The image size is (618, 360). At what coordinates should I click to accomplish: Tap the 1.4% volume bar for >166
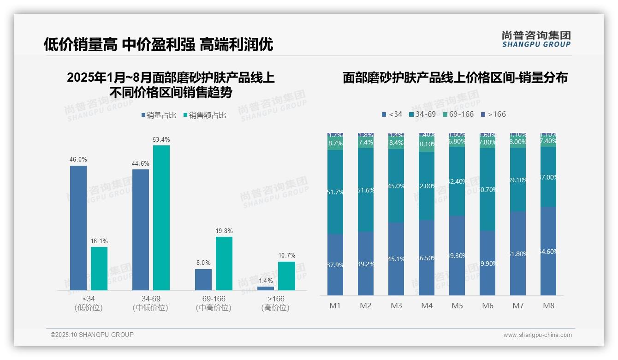pyautogui.click(x=266, y=288)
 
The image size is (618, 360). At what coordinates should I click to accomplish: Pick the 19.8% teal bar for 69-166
pyautogui.click(x=224, y=264)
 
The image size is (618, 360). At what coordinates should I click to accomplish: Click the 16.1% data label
pyautogui.click(x=99, y=241)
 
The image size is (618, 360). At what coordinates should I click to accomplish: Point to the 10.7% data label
pyautogui.click(x=286, y=256)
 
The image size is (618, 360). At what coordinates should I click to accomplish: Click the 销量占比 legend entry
pyautogui.click(x=159, y=115)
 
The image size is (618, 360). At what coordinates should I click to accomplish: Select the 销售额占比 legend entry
pyautogui.click(x=205, y=115)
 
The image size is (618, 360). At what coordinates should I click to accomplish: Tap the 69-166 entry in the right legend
pyautogui.click(x=458, y=114)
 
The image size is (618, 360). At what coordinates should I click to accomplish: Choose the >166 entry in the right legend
pyautogui.click(x=493, y=114)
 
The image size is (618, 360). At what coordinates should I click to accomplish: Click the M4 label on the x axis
pyautogui.click(x=427, y=306)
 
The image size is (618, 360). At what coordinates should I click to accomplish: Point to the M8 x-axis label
pyautogui.click(x=548, y=306)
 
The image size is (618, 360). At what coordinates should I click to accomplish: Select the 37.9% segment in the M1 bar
pyautogui.click(x=335, y=264)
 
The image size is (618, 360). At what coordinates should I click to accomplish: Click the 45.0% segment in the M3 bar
pyautogui.click(x=396, y=186)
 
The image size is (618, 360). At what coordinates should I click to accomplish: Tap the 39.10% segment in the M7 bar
pyautogui.click(x=518, y=180)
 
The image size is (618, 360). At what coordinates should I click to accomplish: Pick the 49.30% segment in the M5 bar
pyautogui.click(x=457, y=255)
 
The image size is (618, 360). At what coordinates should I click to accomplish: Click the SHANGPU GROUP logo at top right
pyautogui.click(x=536, y=39)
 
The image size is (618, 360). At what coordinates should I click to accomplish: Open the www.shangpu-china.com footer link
pyautogui.click(x=537, y=335)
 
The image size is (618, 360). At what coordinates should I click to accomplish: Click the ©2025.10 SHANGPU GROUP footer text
pyautogui.click(x=92, y=335)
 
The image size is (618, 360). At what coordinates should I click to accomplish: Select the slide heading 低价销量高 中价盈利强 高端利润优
pyautogui.click(x=158, y=44)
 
